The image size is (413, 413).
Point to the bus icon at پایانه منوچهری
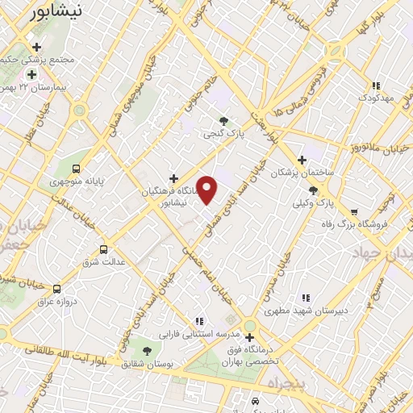pyautogui.click(x=77, y=169)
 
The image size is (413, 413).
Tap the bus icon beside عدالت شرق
pyautogui.click(x=102, y=249)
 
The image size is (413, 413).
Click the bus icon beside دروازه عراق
pyautogui.click(x=56, y=288)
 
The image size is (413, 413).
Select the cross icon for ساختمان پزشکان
pyautogui.click(x=302, y=160)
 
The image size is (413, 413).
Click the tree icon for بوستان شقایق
pyautogui.click(x=148, y=351)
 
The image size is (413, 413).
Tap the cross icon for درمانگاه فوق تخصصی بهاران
pyautogui.click(x=250, y=337)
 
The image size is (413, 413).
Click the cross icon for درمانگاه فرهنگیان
pyautogui.click(x=173, y=177)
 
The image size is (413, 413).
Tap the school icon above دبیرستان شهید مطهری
pyautogui.click(x=305, y=298)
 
